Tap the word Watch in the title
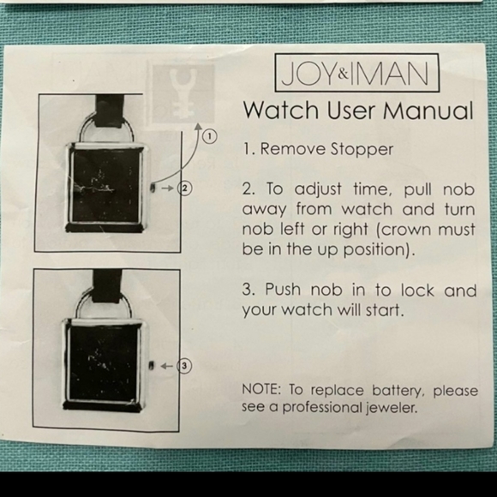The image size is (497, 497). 281,111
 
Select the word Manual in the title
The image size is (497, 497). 428,111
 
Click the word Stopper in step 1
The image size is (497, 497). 362,149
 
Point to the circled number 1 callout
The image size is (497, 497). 210,137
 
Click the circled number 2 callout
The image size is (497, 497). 185,189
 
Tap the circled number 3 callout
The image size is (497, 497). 184,366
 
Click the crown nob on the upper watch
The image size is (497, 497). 153,188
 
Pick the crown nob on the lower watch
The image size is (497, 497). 151,365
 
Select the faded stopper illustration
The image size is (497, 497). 182,93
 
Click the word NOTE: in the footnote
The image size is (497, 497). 261,390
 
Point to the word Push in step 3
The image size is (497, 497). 283,290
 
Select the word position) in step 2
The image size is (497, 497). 379,249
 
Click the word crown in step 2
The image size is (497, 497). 404,230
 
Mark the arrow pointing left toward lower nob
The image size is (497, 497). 167,367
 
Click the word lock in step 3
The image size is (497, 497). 417,290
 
